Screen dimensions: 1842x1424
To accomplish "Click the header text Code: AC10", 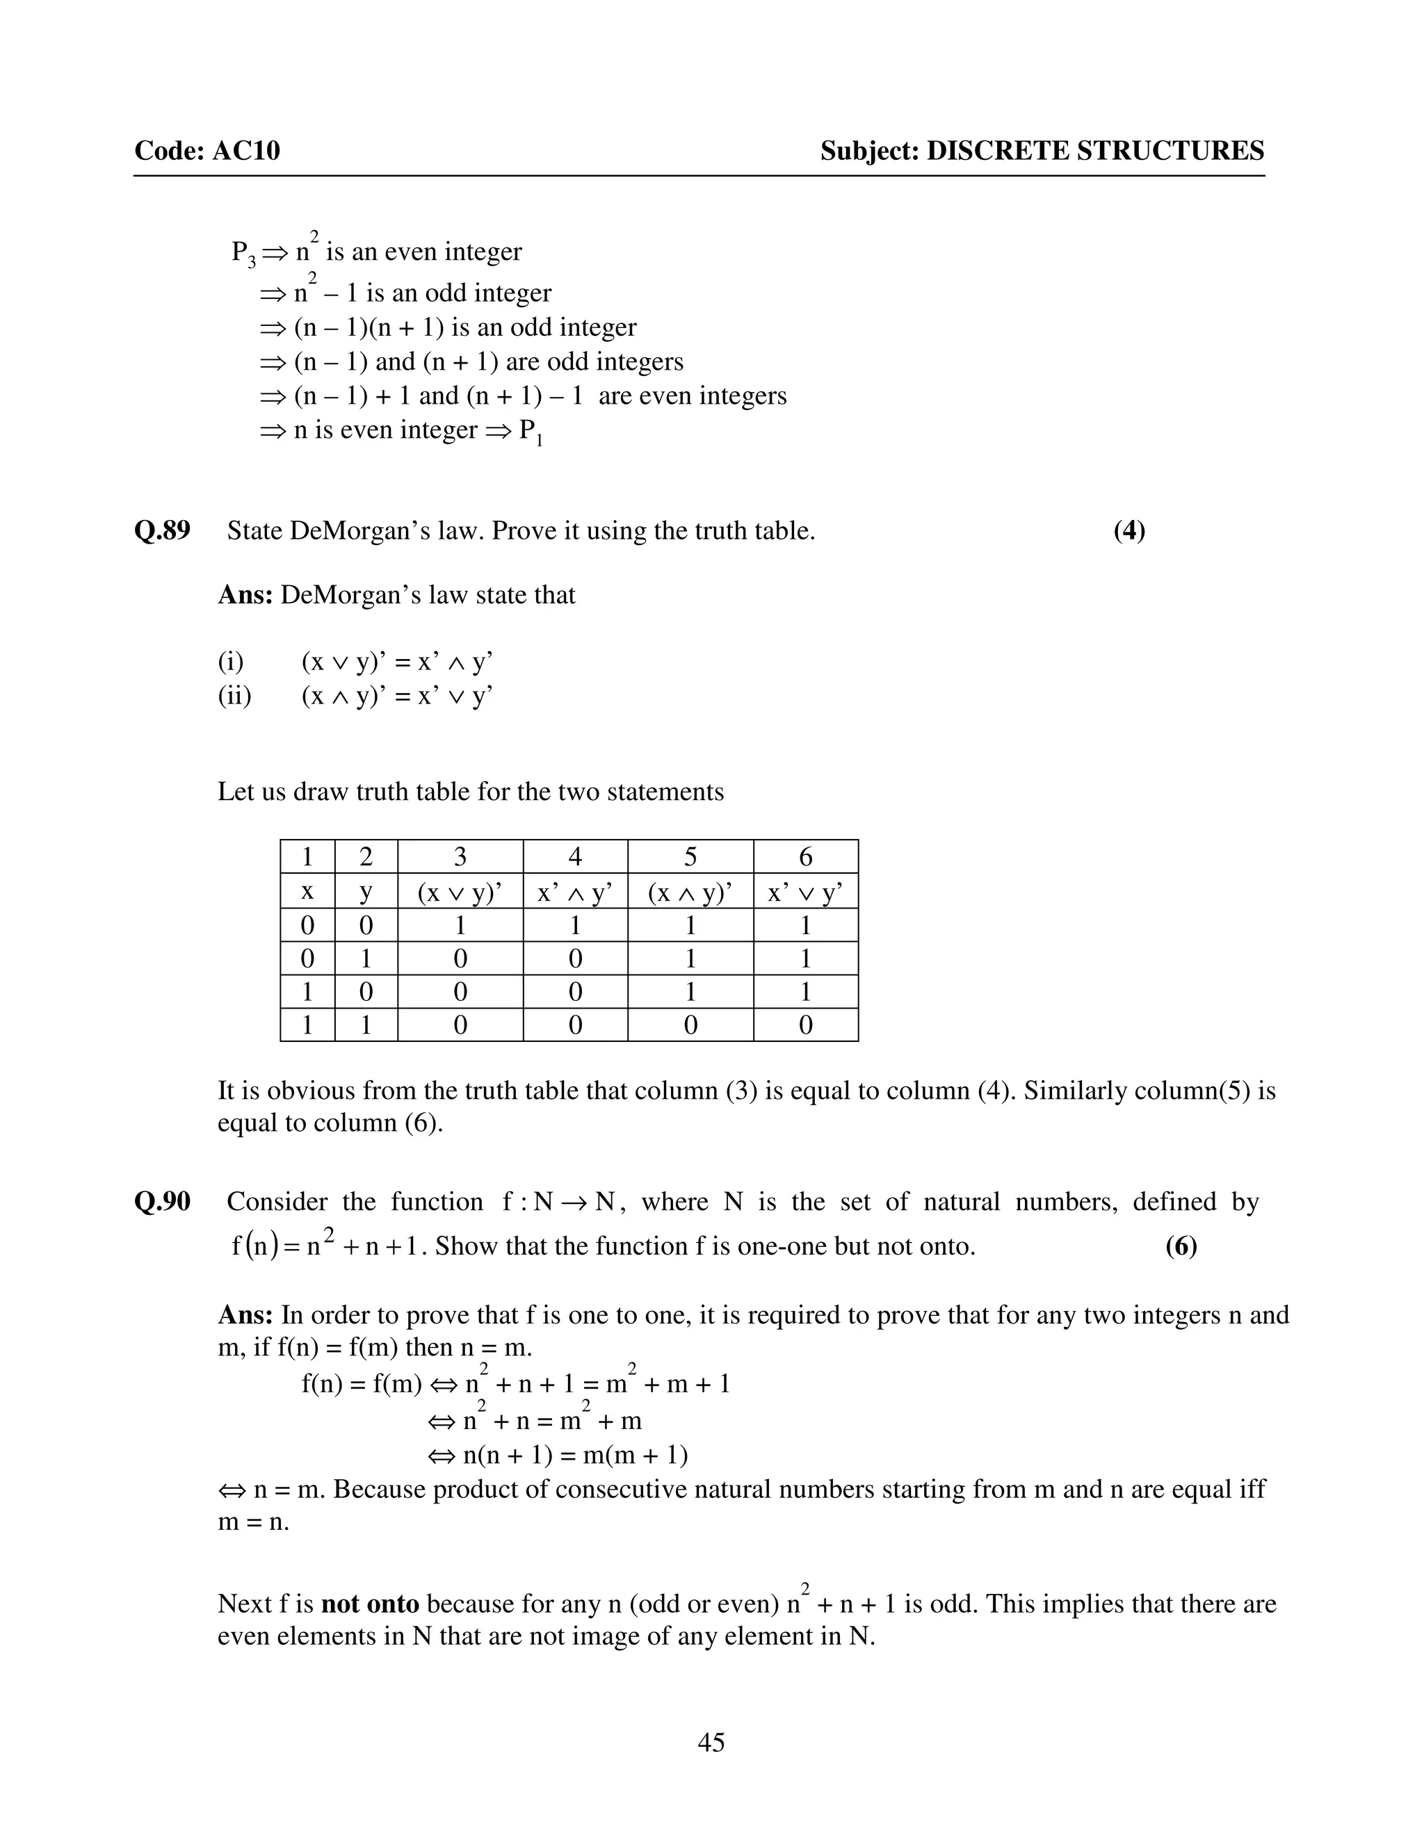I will pyautogui.click(x=207, y=151).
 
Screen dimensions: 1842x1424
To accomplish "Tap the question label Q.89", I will pyautogui.click(x=162, y=530).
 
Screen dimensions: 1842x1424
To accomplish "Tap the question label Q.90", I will pyautogui.click(x=162, y=1202).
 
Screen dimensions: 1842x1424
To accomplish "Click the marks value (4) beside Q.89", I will pyautogui.click(x=1128, y=530).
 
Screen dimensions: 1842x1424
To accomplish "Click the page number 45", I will pyautogui.click(x=711, y=1742).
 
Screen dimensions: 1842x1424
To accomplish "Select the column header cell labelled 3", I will pyautogui.click(x=460, y=857).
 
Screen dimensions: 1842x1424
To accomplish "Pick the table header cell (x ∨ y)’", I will pyautogui.click(x=460, y=893).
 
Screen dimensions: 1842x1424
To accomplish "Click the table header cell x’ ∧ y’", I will pyautogui.click(x=574, y=893).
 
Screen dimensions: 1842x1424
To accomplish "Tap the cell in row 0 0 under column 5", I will pyautogui.click(x=690, y=926).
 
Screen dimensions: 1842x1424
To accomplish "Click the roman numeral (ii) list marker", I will pyautogui.click(x=234, y=696).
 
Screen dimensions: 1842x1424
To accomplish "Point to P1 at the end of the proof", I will pyautogui.click(x=530, y=432).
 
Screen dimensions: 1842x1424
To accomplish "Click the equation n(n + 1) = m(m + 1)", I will pyautogui.click(x=575, y=1455).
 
